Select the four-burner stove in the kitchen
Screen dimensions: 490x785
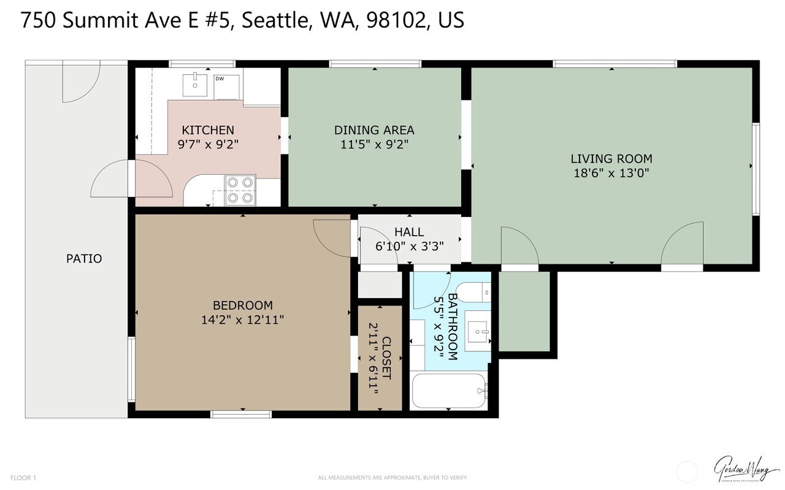[240, 190]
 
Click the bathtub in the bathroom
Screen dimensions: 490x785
[449, 391]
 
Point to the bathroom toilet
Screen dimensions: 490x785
[475, 293]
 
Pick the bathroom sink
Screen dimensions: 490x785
[477, 332]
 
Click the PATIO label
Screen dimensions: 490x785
[84, 259]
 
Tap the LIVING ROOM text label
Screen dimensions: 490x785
[611, 159]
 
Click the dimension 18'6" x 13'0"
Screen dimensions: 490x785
[611, 173]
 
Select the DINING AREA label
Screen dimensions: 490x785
[374, 130]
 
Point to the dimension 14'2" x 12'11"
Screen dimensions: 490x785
[242, 320]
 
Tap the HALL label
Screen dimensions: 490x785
[409, 232]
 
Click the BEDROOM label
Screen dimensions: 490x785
[242, 305]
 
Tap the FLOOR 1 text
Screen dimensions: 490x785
[23, 478]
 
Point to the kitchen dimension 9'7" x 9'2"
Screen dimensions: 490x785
[208, 145]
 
